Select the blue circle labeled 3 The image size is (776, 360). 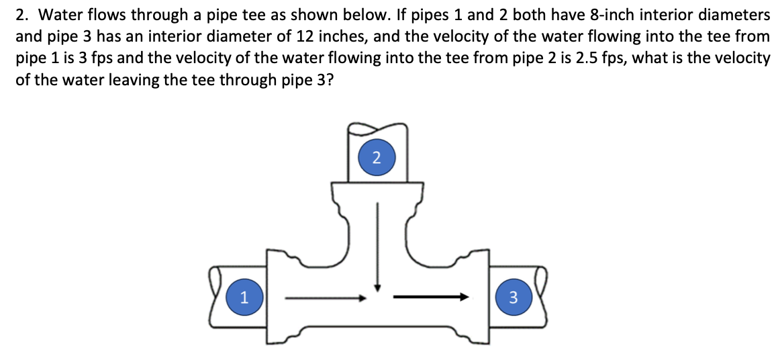pyautogui.click(x=513, y=296)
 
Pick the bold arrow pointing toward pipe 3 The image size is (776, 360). pyautogui.click(x=430, y=296)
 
